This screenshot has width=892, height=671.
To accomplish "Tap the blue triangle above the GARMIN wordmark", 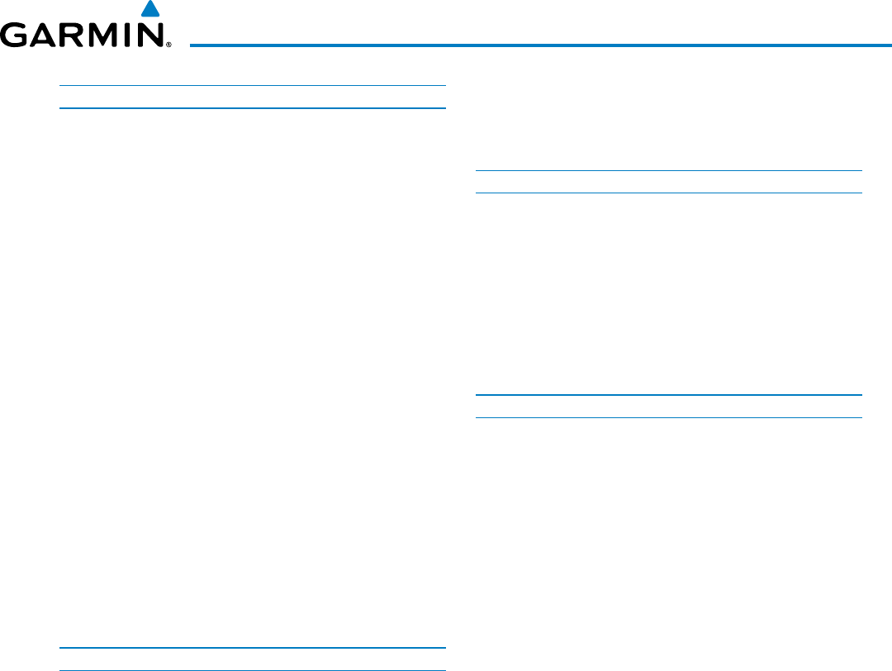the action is coord(149,10).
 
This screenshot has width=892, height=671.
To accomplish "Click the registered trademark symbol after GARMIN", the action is coord(168,45).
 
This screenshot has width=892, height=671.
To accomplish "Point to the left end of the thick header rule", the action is coord(192,44).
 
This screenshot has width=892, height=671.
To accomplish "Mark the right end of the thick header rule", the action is coord(890,44).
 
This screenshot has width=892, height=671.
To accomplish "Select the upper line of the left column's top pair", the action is coord(253,85).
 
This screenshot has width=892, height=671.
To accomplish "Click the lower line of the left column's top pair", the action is coord(253,108).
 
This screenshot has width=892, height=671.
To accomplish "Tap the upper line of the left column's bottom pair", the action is coord(253,647).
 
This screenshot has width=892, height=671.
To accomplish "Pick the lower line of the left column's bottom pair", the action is coord(253,669).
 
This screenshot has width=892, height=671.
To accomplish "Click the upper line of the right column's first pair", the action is coord(669,170).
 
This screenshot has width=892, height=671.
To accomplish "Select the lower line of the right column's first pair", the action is coord(669,193).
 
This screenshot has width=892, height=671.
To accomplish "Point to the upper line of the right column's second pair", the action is coord(669,394).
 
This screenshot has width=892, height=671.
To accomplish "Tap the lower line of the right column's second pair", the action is coord(669,417).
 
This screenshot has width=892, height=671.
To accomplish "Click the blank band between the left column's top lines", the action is coord(253,97).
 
